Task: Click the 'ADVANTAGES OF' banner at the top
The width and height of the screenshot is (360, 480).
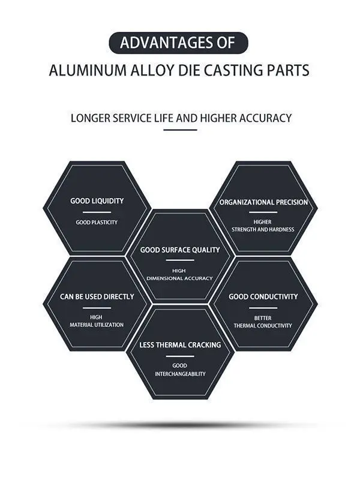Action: coord(179,43)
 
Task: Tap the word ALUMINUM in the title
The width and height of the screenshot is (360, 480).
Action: coord(82,70)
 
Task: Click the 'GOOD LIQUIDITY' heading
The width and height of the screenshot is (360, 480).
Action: coord(97,201)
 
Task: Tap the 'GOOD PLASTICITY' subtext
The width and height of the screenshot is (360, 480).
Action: coord(97,223)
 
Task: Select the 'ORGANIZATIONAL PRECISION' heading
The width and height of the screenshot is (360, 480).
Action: coord(263,202)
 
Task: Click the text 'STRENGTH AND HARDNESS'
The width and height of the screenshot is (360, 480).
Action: coord(263,230)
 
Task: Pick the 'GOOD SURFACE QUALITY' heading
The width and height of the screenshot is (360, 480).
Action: coord(180,250)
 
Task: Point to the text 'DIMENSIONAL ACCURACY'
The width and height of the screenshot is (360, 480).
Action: coord(180,278)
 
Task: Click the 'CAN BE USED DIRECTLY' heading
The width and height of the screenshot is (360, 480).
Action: coord(97,296)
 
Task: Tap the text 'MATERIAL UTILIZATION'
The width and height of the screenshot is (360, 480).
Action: coord(97,325)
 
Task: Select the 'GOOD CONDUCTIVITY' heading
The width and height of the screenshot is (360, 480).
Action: coord(263,296)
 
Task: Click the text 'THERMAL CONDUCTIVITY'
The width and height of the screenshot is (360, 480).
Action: coord(263,326)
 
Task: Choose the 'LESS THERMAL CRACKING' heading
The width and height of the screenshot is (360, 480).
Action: coord(180,345)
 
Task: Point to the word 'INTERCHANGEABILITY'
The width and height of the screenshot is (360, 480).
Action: coord(180,374)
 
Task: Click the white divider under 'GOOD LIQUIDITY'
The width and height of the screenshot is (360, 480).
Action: coord(97,212)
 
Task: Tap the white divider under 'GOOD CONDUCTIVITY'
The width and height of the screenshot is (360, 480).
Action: coord(263,308)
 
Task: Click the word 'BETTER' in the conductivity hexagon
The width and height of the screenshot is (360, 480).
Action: coord(263,318)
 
